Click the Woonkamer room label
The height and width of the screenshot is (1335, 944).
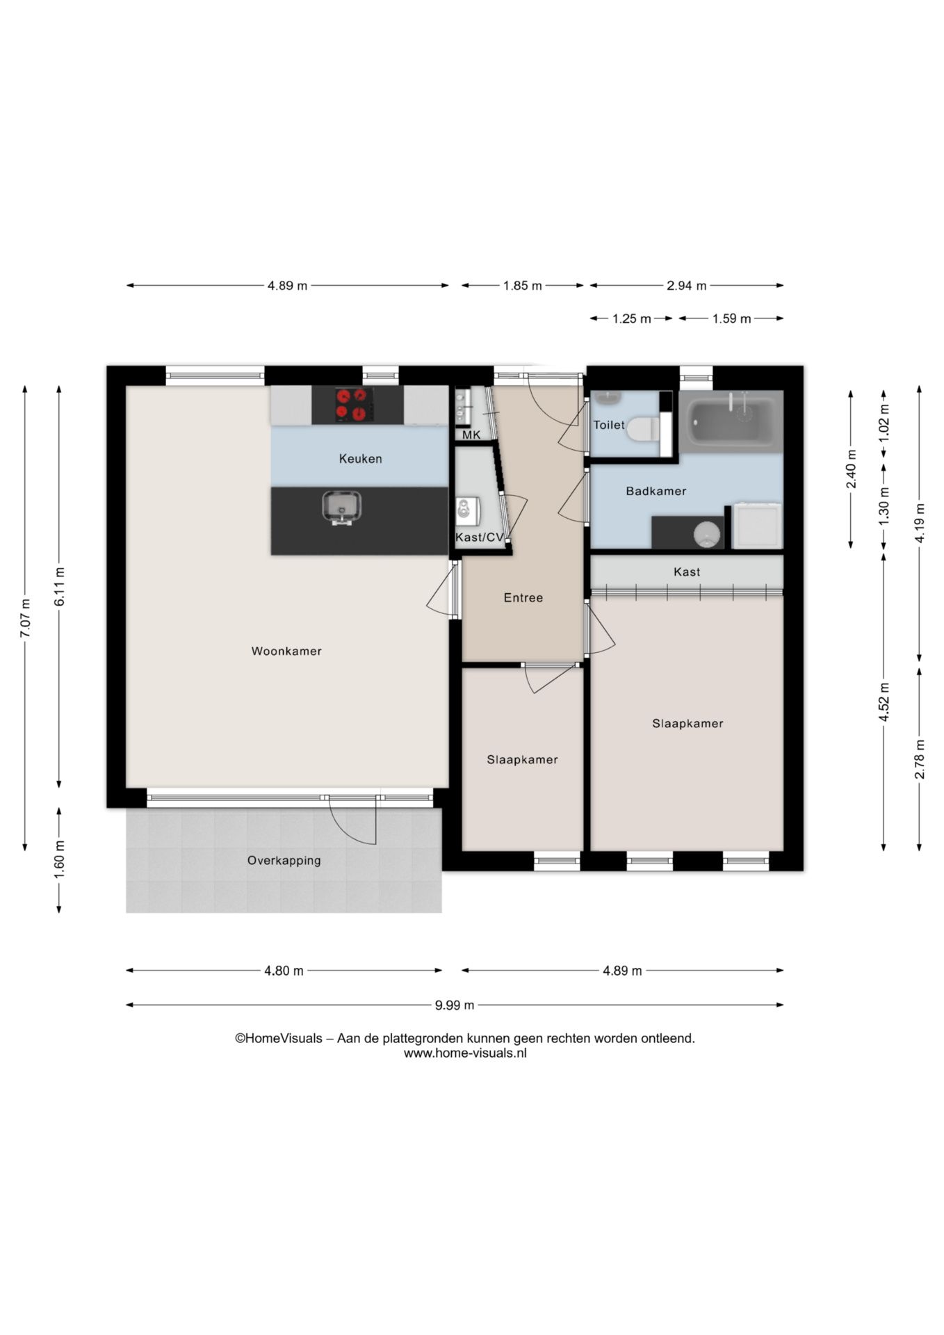point(286,652)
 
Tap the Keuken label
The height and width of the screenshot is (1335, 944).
point(360,459)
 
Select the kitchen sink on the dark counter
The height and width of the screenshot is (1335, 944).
point(341,507)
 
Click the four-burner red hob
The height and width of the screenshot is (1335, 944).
point(352,405)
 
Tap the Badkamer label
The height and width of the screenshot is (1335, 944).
point(656,492)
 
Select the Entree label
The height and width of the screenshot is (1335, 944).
point(523,598)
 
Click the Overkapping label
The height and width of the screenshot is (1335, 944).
point(284,861)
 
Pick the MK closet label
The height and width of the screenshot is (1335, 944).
point(471,435)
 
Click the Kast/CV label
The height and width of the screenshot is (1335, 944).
point(480,537)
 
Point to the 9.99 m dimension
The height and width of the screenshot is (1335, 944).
point(455,1005)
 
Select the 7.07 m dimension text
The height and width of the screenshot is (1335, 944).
point(25,618)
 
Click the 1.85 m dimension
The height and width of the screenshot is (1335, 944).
point(523,286)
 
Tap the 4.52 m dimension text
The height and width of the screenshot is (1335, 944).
point(884,702)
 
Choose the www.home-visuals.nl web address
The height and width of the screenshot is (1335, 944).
point(465,1053)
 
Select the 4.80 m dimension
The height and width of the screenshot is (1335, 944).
point(284,971)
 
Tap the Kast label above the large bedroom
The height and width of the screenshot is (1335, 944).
point(687,572)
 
